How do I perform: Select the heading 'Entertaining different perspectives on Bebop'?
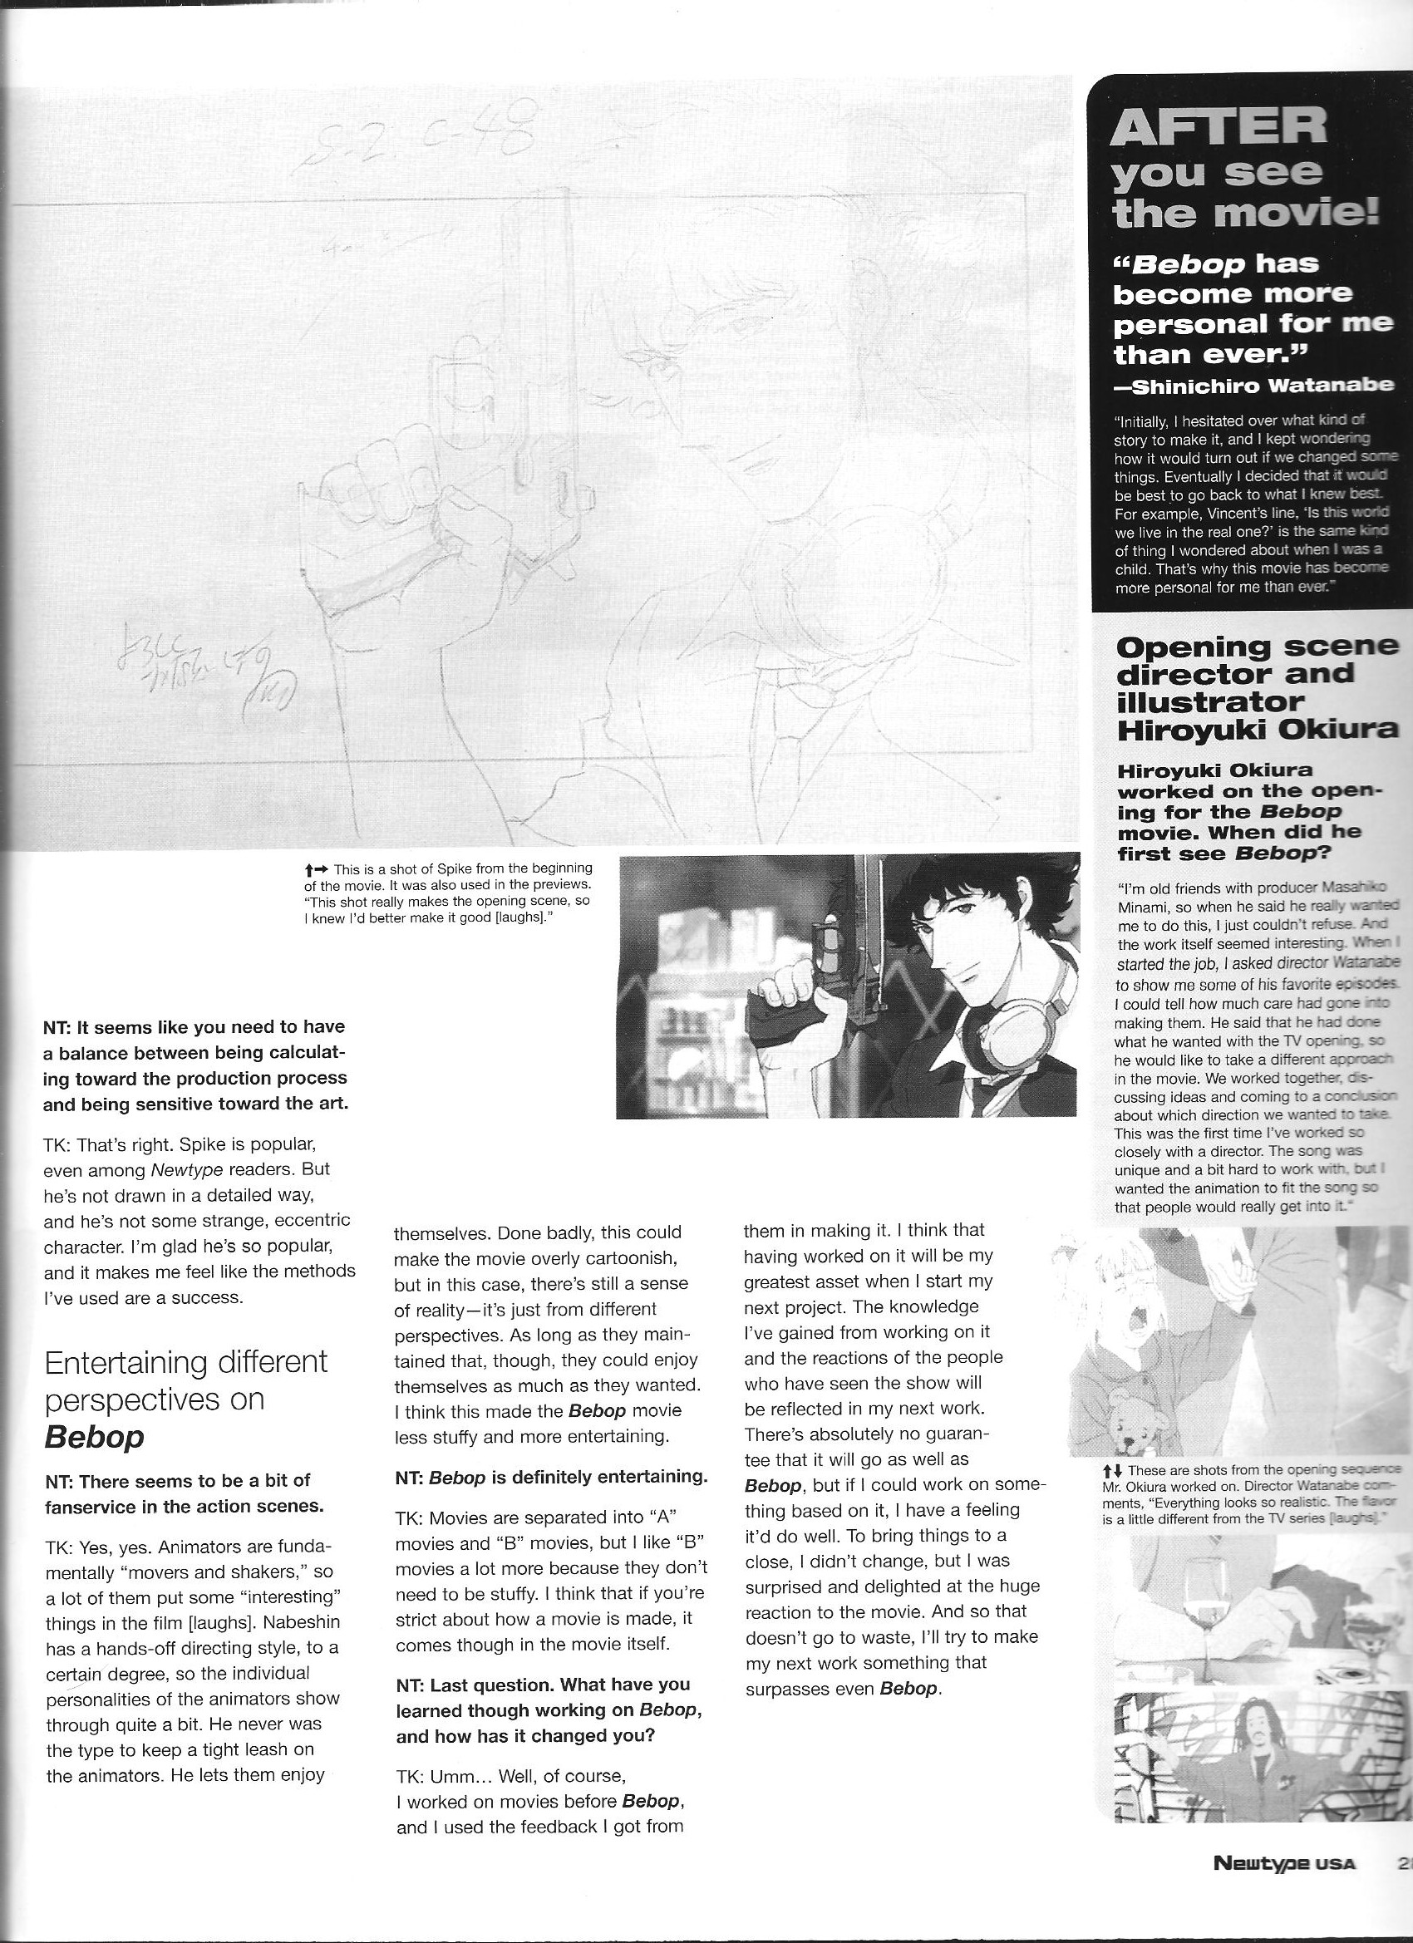pyautogui.click(x=185, y=1399)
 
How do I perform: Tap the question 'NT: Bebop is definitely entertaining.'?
pyautogui.click(x=551, y=1477)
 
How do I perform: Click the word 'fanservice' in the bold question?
pyautogui.click(x=92, y=1505)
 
